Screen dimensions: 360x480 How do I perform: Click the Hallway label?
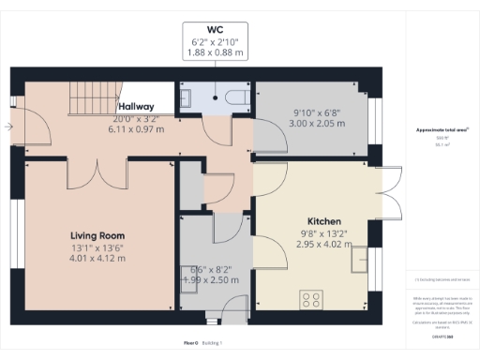click(x=136, y=106)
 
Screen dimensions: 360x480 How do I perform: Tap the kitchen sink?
click(x=359, y=259)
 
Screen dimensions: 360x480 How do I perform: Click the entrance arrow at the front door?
click(x=8, y=126)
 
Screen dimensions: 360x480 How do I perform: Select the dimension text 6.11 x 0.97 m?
click(x=136, y=129)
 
